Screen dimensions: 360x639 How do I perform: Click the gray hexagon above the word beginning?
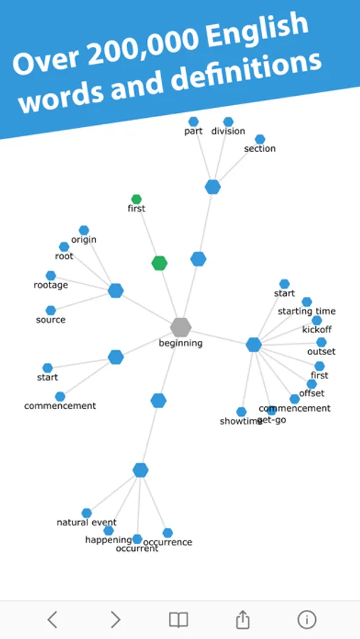coord(180,327)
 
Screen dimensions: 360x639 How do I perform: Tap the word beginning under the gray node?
coord(180,343)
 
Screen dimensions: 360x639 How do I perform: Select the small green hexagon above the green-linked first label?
coord(136,200)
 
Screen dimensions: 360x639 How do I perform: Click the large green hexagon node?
coord(160,263)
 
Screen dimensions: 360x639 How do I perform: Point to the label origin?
coord(84,239)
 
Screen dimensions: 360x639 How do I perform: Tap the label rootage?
coord(51,285)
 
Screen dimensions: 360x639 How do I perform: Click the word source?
coord(50,319)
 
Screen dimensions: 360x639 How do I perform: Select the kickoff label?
coord(317,329)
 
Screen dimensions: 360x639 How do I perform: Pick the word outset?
coord(321,351)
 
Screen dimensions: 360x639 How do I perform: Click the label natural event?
coord(87,522)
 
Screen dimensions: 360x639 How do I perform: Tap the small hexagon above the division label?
coord(229,122)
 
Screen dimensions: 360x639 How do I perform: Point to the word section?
coord(260,148)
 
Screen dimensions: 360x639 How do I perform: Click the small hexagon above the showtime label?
coord(241,412)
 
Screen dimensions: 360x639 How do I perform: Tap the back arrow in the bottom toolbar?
coord(52,620)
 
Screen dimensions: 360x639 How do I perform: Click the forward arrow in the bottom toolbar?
coord(116,620)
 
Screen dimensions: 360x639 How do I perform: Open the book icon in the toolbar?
coord(178,620)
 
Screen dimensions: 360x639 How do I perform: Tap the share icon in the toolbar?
coord(243,619)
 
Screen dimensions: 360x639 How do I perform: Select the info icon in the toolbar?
coord(307,620)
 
